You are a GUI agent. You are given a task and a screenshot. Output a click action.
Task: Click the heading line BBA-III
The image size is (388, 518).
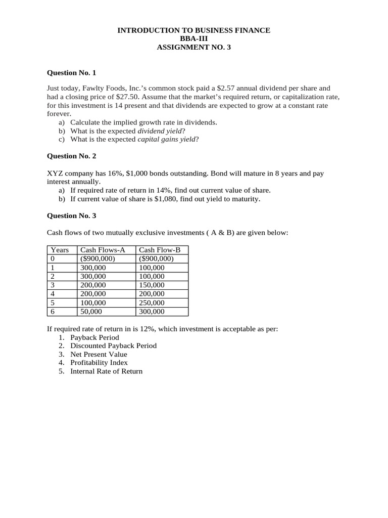pos(194,39)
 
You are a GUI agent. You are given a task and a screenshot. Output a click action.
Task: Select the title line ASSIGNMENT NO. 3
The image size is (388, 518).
pos(194,48)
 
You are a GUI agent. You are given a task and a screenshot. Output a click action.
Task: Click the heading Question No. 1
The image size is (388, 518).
pos(71,73)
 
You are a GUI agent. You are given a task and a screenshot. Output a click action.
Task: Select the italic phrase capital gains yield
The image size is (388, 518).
pos(166,139)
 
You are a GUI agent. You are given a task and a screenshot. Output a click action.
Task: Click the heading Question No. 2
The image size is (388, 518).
pos(71,156)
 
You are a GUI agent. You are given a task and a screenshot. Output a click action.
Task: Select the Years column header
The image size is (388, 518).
pos(60,250)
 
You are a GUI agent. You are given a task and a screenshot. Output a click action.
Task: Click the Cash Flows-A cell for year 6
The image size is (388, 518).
pos(91,312)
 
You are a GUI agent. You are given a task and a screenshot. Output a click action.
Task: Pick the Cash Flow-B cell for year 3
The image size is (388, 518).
pos(152,285)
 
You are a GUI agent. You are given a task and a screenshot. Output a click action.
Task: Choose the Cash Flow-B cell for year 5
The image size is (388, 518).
pos(152,303)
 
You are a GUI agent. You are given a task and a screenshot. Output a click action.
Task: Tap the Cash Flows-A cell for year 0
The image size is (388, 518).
pos(98,258)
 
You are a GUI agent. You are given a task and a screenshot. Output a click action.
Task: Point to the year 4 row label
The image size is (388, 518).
pos(53,294)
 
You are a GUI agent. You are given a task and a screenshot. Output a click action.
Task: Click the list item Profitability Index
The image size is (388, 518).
pos(99,363)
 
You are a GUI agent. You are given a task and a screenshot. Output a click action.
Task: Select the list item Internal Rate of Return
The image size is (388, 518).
pos(107,371)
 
